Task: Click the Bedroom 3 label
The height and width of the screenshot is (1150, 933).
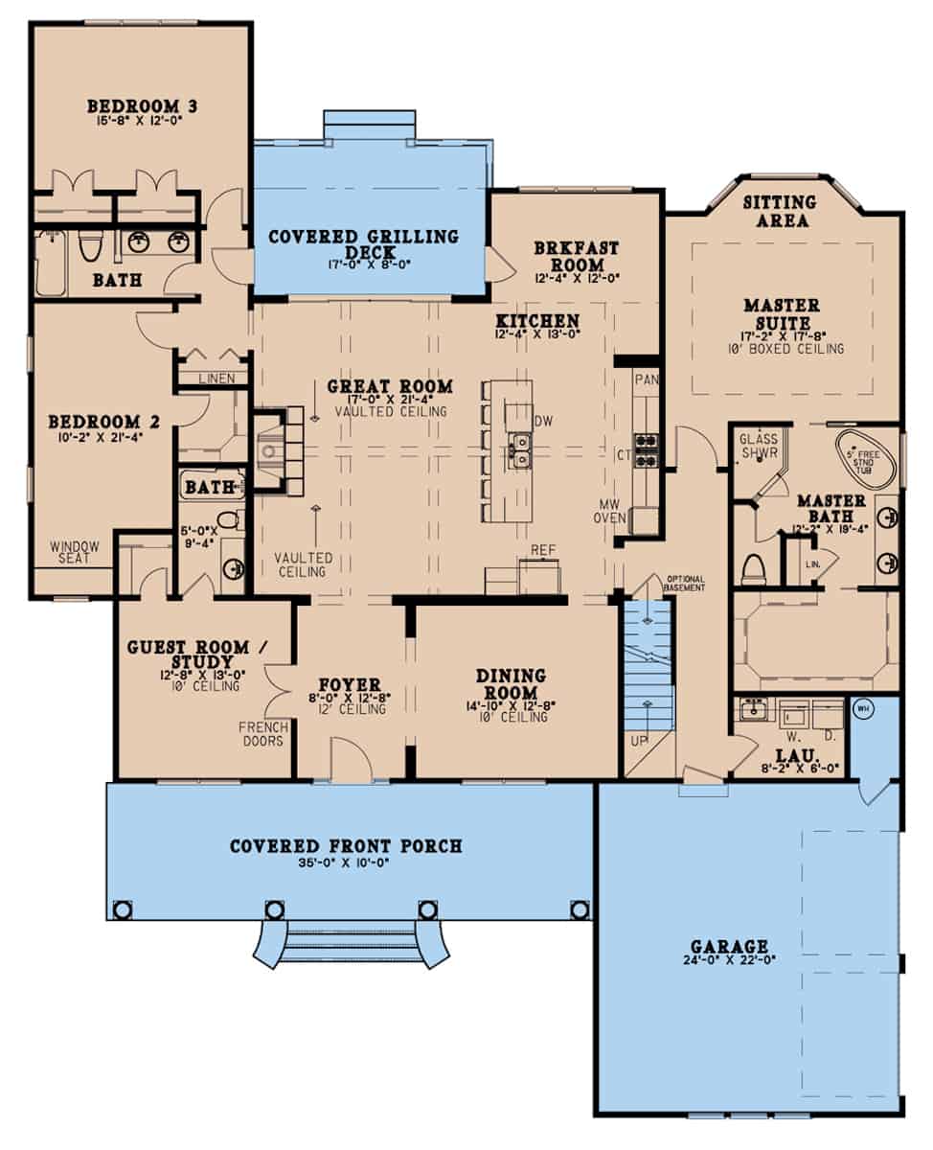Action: [x=143, y=105]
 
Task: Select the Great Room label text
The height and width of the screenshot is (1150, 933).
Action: [x=391, y=387]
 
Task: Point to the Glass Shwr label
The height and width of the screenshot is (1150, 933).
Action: [x=759, y=446]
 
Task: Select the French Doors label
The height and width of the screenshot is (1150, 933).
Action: [x=264, y=733]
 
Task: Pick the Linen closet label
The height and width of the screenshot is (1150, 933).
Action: [x=216, y=379]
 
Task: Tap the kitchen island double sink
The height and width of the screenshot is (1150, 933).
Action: [x=518, y=448]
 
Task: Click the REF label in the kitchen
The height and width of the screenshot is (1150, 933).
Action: [x=544, y=550]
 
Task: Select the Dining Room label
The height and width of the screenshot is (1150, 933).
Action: [x=511, y=684]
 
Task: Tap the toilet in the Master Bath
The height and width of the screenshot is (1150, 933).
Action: [x=754, y=568]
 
